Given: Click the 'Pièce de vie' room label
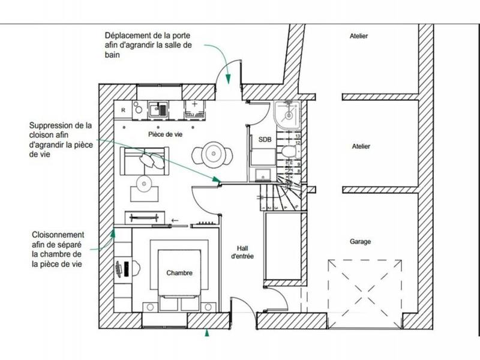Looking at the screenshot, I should pos(166,134).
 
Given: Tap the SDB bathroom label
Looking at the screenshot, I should pos(265,139).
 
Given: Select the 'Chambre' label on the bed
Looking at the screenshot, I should pos(180,273).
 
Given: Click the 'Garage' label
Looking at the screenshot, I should pos(361,242).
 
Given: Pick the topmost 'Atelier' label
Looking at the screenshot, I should pos(359,37).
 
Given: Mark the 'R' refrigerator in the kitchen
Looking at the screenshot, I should pos(123,110).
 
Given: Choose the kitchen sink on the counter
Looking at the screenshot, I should pos(161,109).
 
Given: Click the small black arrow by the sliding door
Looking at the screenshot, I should pos(175,220).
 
